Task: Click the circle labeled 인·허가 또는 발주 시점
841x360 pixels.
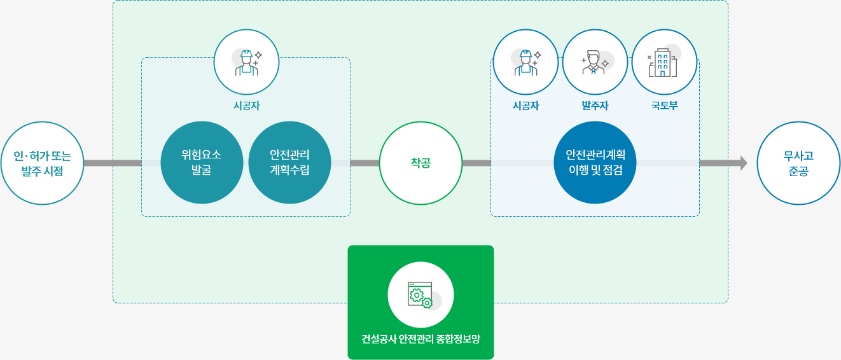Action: (43, 163)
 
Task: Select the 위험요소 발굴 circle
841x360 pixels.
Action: (202, 163)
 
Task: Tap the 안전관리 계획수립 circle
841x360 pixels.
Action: (289, 163)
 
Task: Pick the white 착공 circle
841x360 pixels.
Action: (420, 163)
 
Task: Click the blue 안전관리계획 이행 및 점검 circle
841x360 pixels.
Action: (595, 163)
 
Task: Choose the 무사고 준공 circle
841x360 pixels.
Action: (798, 163)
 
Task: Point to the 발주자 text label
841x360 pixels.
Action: (595, 106)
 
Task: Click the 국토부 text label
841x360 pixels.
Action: (664, 106)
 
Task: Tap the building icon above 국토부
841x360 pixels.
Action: (664, 62)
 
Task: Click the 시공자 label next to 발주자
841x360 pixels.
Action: (525, 106)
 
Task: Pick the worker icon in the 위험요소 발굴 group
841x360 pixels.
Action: (246, 62)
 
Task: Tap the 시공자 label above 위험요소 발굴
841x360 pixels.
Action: (246, 106)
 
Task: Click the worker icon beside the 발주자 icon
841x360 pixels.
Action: (525, 62)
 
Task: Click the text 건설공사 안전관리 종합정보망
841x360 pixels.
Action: (420, 338)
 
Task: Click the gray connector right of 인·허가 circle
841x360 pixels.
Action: (113, 163)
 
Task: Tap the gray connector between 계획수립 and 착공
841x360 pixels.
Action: (365, 163)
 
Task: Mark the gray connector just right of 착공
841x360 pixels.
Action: (476, 163)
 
